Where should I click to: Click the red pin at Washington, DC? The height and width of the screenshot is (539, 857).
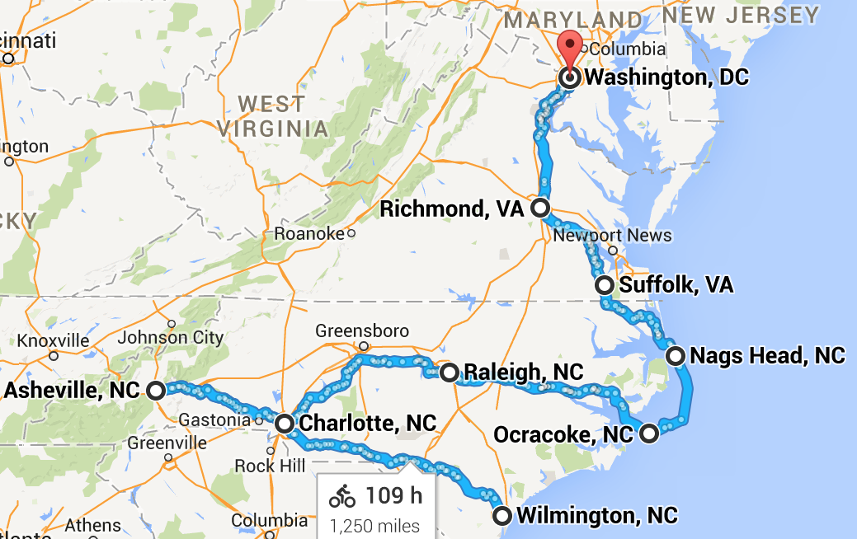pyautogui.click(x=570, y=50)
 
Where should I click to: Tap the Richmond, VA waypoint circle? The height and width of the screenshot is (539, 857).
pyautogui.click(x=540, y=208)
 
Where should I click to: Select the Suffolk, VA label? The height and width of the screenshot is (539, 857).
pyautogui.click(x=676, y=285)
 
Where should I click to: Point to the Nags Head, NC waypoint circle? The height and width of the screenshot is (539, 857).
pyautogui.click(x=676, y=356)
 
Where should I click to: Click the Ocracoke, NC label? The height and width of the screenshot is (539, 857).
pyautogui.click(x=563, y=434)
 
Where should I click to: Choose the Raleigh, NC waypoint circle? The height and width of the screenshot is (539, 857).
pyautogui.click(x=449, y=373)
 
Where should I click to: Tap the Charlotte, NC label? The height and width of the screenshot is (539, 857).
pyautogui.click(x=367, y=424)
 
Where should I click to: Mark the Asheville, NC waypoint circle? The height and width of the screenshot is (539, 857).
pyautogui.click(x=156, y=391)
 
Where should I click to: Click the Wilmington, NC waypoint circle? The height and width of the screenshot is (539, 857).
pyautogui.click(x=501, y=516)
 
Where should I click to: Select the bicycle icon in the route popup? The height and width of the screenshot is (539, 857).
pyautogui.click(x=342, y=496)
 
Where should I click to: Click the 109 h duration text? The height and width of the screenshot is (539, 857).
pyautogui.click(x=394, y=495)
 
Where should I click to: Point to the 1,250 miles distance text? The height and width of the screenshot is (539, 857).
pyautogui.click(x=374, y=525)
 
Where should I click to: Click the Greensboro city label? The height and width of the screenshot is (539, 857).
pyautogui.click(x=361, y=331)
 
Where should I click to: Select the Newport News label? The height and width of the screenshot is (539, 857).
pyautogui.click(x=612, y=236)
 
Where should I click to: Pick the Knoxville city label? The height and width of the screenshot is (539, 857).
pyautogui.click(x=53, y=340)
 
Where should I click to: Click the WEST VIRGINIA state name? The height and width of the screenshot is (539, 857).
pyautogui.click(x=272, y=115)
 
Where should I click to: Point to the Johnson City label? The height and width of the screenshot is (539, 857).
pyautogui.click(x=170, y=337)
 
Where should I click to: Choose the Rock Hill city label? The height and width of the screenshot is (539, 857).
pyautogui.click(x=266, y=466)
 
